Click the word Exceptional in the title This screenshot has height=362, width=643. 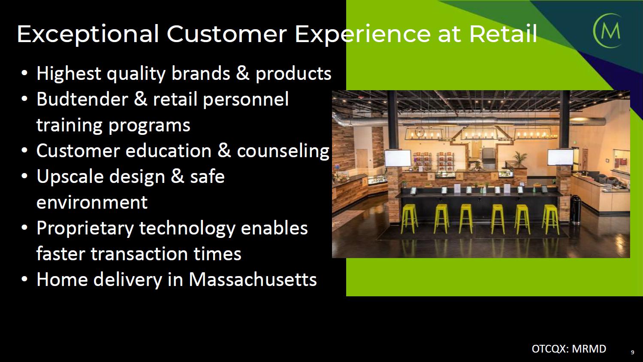click(88, 34)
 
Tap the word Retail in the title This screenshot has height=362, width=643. click(503, 33)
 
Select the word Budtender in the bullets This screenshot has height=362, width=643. click(82, 99)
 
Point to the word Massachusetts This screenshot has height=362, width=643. click(253, 279)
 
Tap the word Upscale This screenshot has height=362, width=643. click(70, 177)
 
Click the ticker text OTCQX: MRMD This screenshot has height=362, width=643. click(569, 349)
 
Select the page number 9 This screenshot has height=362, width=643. click(632, 353)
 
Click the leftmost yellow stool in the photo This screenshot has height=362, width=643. click(409, 218)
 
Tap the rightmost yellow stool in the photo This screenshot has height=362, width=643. click(550, 219)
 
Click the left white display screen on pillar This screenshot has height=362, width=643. click(398, 158)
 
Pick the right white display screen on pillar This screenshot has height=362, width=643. click(560, 157)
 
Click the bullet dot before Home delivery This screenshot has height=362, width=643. click(25, 279)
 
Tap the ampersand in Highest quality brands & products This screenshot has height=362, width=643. click(242, 73)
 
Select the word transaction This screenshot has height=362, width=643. click(139, 254)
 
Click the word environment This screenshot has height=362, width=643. click(92, 203)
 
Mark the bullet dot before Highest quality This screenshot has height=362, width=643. click(25, 73)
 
